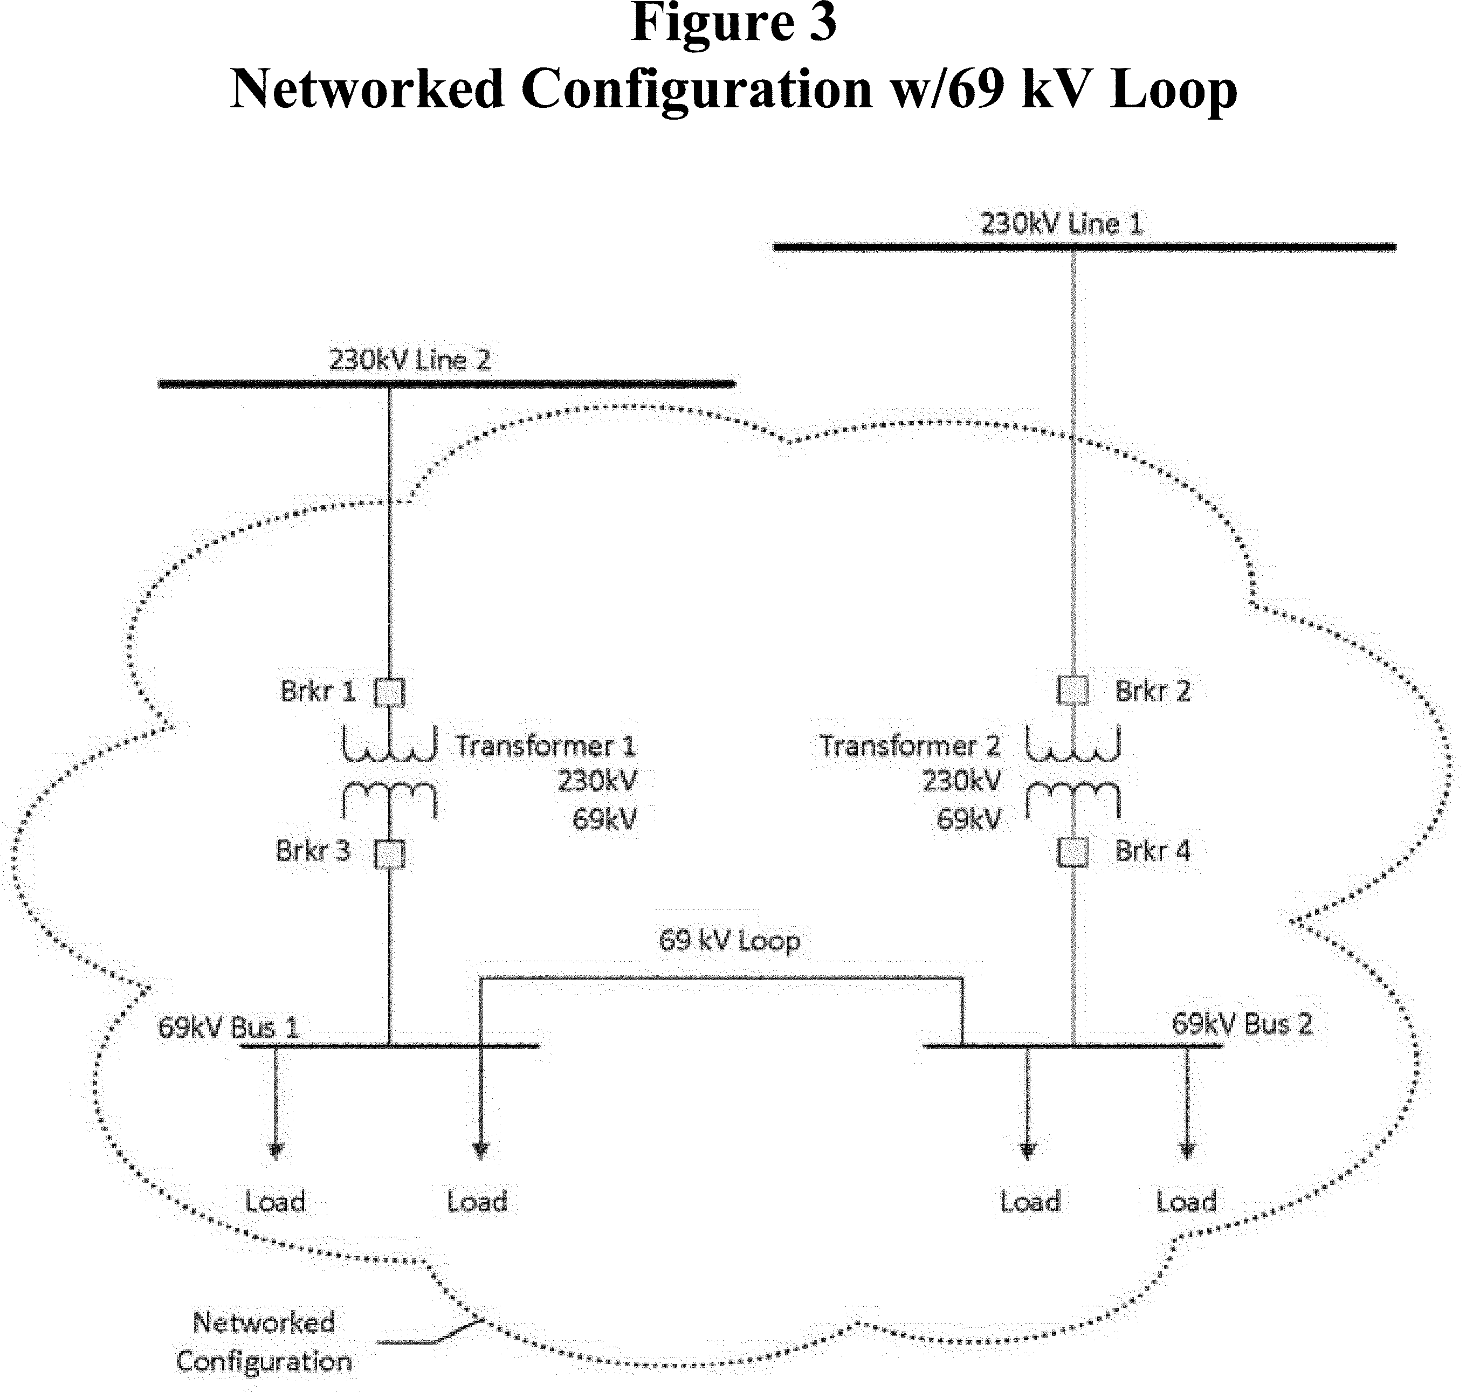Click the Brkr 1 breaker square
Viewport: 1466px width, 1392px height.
pyautogui.click(x=389, y=692)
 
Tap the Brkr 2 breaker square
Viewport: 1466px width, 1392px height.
pyautogui.click(x=1073, y=690)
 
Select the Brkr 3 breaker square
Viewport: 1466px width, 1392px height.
pyautogui.click(x=389, y=853)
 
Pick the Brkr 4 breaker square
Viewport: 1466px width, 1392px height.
pyautogui.click(x=1073, y=852)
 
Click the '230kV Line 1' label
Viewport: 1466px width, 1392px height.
pyautogui.click(x=1061, y=223)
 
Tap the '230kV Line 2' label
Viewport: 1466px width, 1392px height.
pyautogui.click(x=410, y=361)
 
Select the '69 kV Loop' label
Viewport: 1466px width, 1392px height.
pyautogui.click(x=729, y=941)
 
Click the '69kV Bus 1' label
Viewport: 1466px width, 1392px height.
pyautogui.click(x=228, y=1028)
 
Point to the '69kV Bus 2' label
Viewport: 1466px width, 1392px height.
pyautogui.click(x=1241, y=1024)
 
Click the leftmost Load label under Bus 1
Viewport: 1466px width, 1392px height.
pyautogui.click(x=274, y=1201)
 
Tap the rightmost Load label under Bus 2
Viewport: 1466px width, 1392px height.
pyautogui.click(x=1186, y=1201)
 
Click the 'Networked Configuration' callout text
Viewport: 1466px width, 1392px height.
pyautogui.click(x=263, y=1341)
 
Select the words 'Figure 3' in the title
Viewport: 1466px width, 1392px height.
pyautogui.click(x=733, y=22)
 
